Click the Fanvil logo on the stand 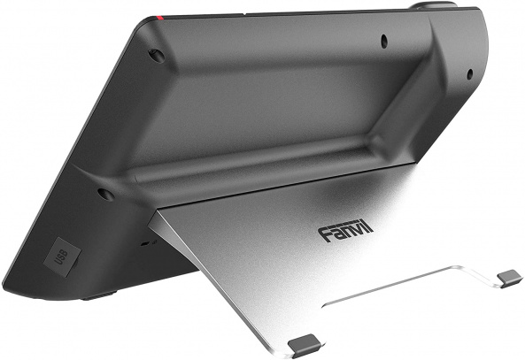[x=345, y=232]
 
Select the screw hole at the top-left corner [x=157, y=56]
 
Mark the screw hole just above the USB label [x=105, y=193]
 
